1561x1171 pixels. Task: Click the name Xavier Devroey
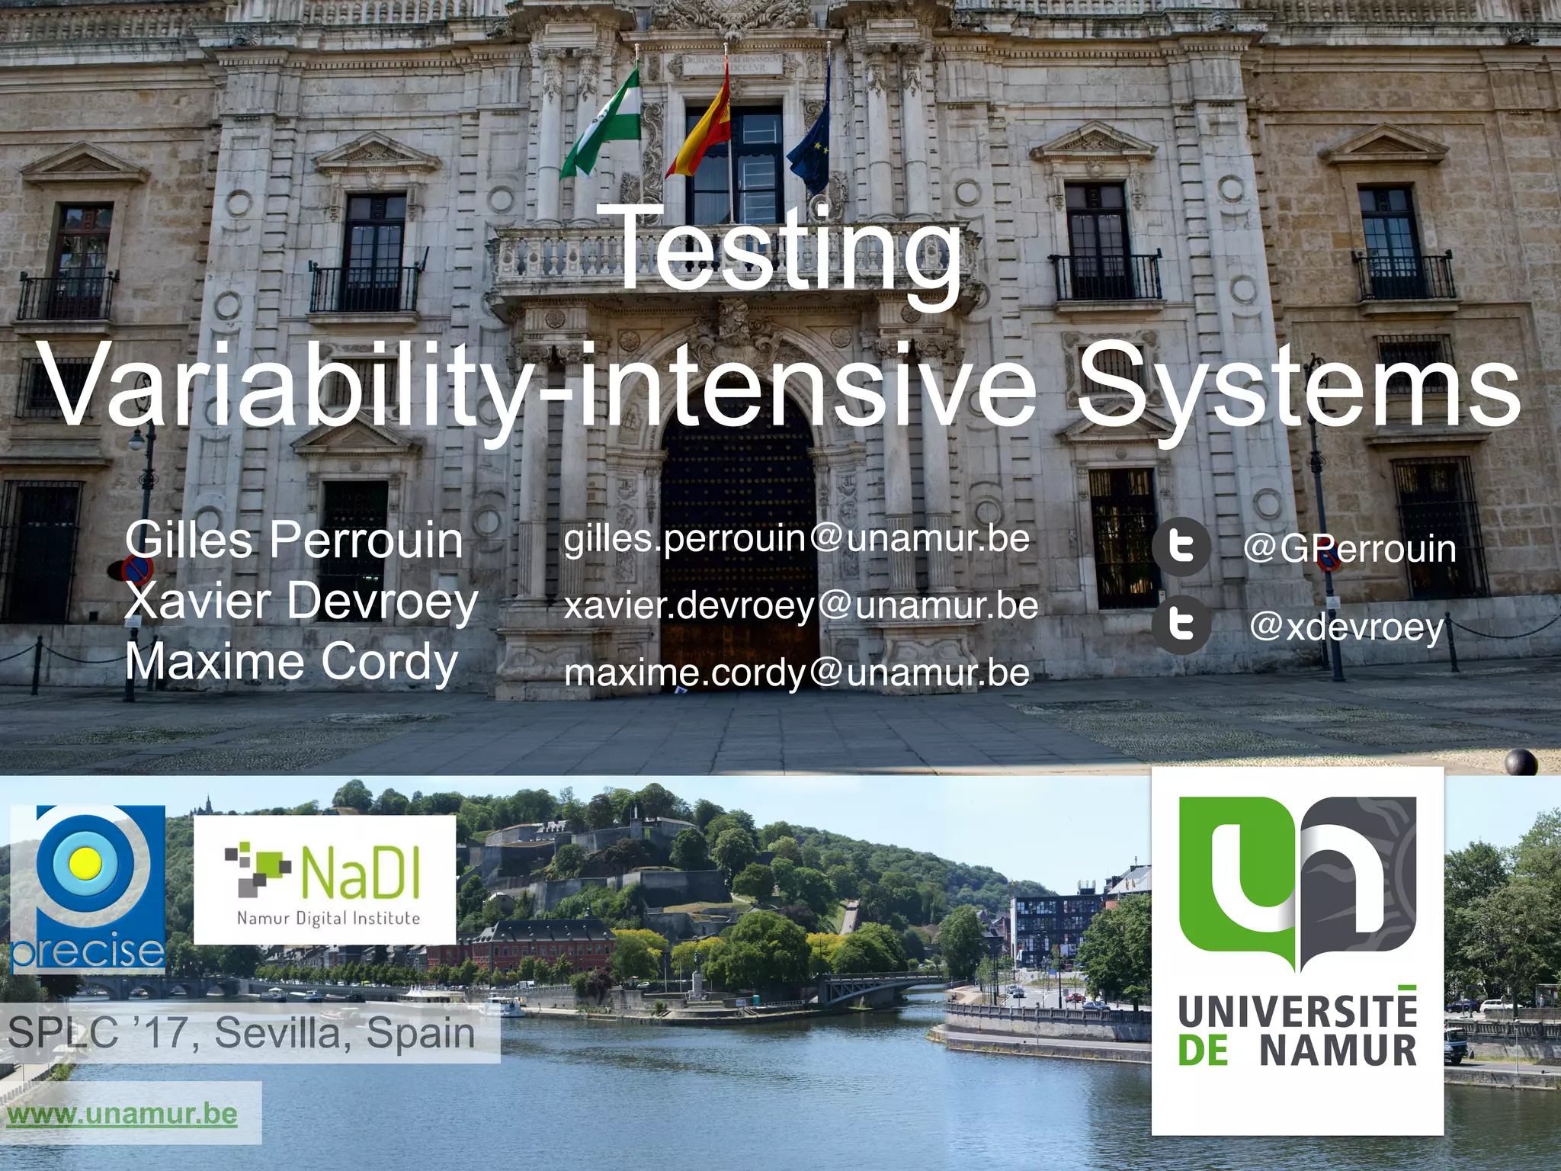click(302, 602)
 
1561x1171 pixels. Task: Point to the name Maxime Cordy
click(291, 661)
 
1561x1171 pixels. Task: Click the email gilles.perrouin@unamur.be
click(797, 539)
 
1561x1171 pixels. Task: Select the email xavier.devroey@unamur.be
click(800, 606)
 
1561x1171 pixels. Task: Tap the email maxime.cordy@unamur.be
click(797, 673)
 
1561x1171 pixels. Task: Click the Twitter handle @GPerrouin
click(1349, 549)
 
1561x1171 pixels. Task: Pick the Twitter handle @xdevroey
click(1347, 627)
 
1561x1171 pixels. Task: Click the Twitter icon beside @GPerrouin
click(1181, 547)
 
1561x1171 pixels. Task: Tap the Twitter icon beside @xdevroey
click(1181, 625)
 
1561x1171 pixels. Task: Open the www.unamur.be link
click(122, 1114)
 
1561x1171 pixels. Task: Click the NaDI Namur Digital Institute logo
click(325, 880)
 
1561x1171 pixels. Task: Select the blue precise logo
click(88, 889)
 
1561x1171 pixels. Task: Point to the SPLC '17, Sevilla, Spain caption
click(241, 1034)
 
